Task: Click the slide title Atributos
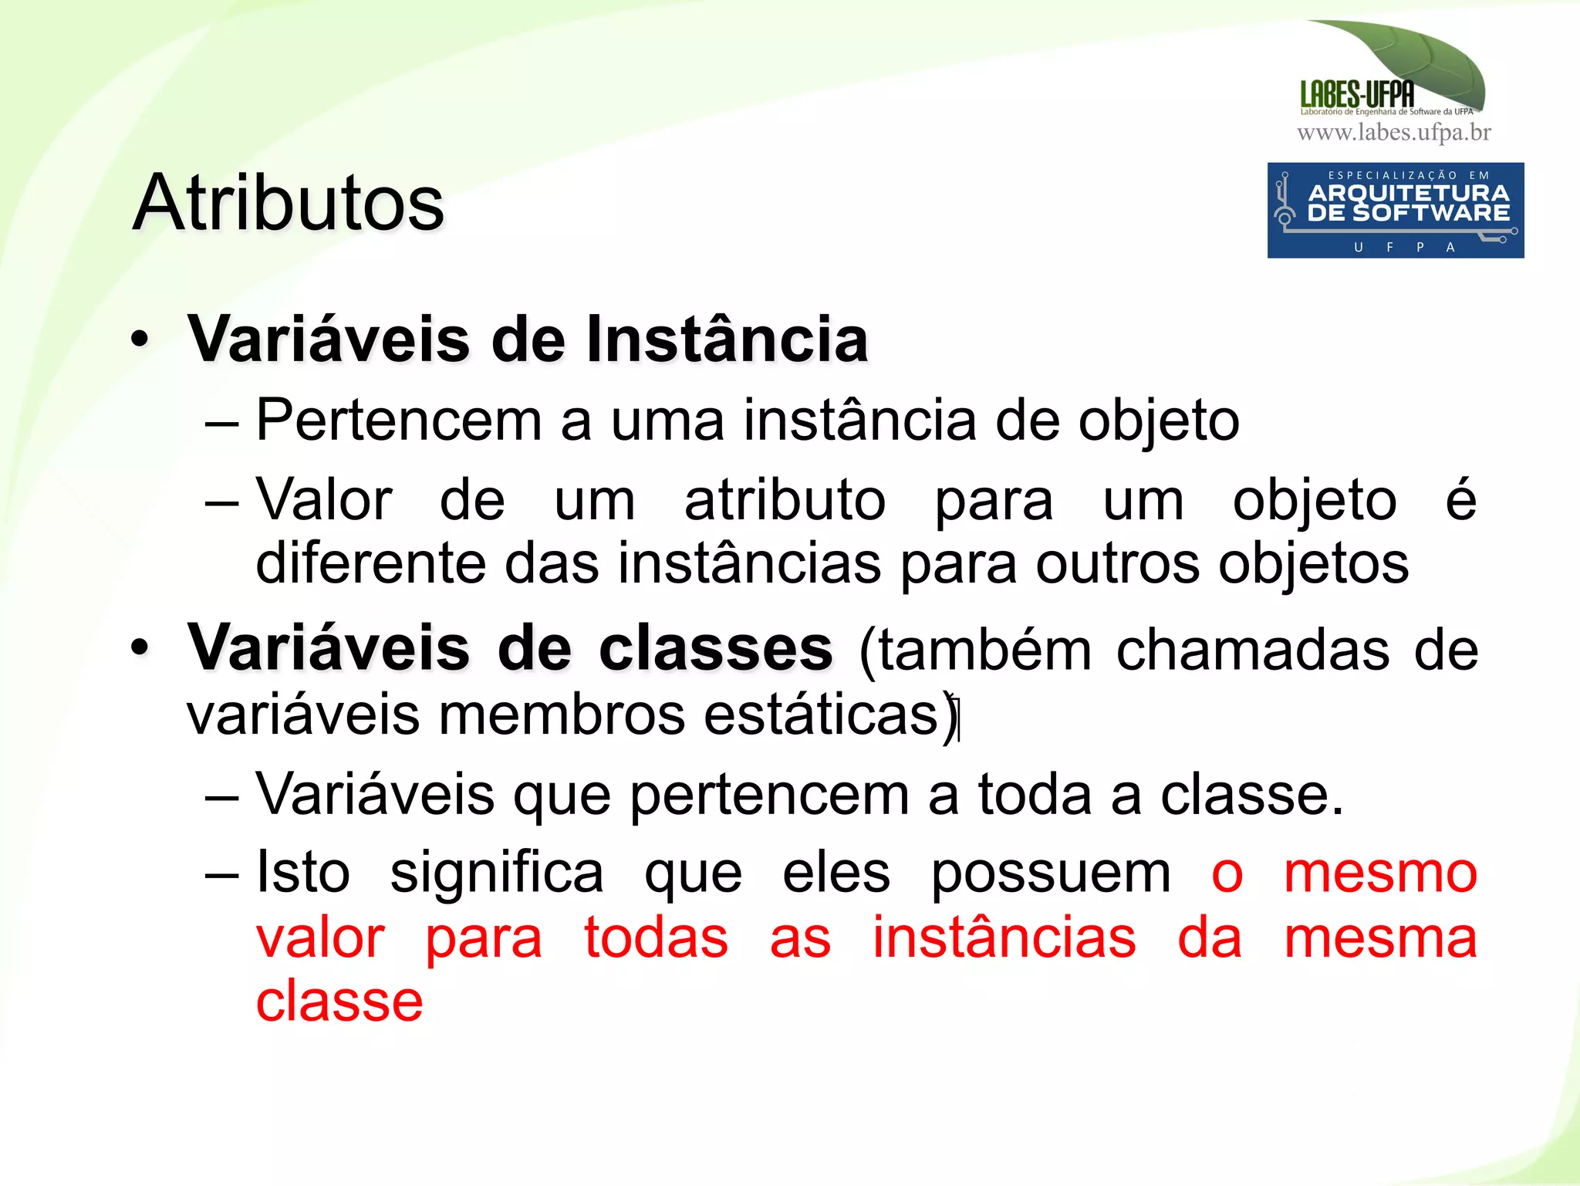click(288, 203)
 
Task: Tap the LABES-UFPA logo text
click(1356, 95)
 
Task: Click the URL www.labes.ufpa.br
click(1393, 133)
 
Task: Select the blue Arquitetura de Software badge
click(1395, 210)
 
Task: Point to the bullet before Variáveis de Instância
click(139, 340)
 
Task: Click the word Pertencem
click(398, 421)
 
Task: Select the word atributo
click(785, 501)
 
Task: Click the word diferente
click(370, 563)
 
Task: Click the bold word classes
click(715, 649)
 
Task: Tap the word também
click(985, 650)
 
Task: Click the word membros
click(562, 715)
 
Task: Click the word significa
click(496, 874)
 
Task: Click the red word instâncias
click(1004, 938)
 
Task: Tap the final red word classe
click(339, 1002)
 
